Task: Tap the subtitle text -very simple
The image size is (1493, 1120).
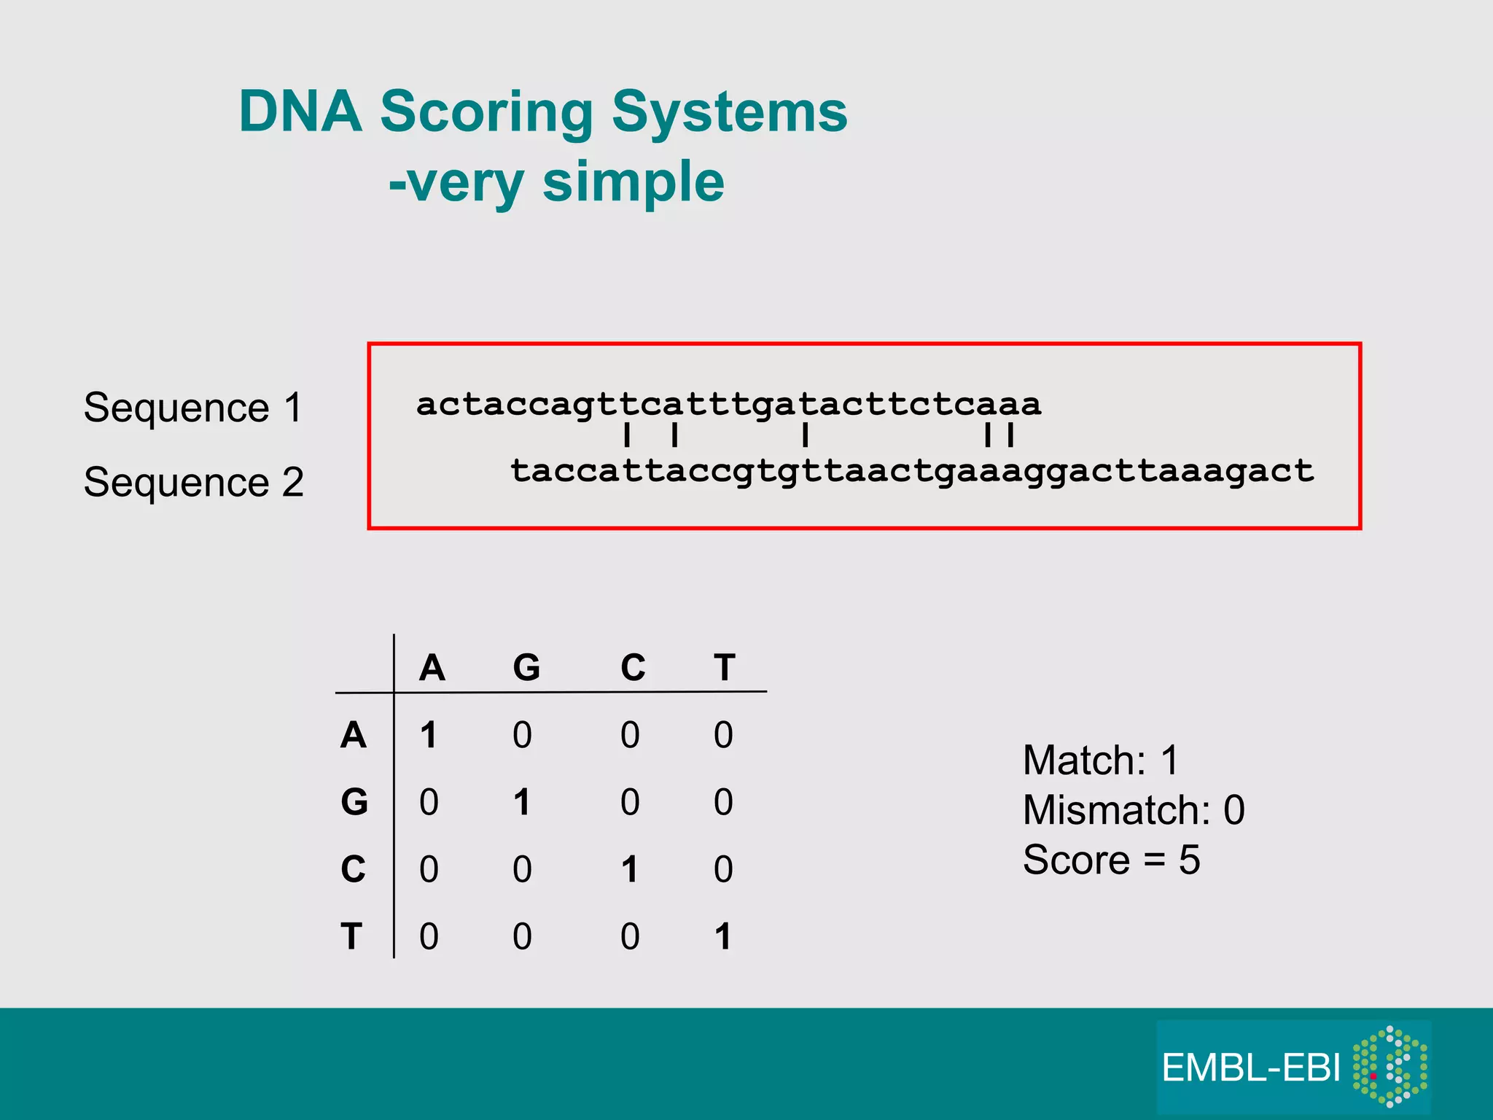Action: [x=556, y=182]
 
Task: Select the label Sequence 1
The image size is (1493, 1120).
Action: [x=193, y=407]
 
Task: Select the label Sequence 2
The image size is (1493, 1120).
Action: [x=193, y=482]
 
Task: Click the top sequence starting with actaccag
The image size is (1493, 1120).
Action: [x=728, y=404]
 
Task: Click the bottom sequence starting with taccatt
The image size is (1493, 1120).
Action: [x=911, y=471]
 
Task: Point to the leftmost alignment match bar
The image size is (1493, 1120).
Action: [x=627, y=436]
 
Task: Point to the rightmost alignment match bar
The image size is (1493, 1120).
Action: [x=1010, y=436]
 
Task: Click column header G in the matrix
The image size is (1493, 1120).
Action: [x=526, y=667]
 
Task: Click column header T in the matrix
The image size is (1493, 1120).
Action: [x=725, y=667]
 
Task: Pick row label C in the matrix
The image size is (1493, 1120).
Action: [x=354, y=869]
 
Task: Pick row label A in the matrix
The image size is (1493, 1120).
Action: [x=354, y=735]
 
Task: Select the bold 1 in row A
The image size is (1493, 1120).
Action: [x=429, y=735]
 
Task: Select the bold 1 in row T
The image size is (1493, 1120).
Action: [x=722, y=936]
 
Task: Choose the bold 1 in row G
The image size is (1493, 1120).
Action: [x=521, y=802]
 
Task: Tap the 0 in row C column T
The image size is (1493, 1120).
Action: [x=723, y=869]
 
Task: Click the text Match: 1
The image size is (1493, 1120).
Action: [x=1100, y=761]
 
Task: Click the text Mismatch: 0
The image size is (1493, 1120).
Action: [x=1134, y=810]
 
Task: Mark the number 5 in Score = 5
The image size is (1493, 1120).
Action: [x=1189, y=860]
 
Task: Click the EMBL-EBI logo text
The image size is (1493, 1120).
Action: [x=1251, y=1068]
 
